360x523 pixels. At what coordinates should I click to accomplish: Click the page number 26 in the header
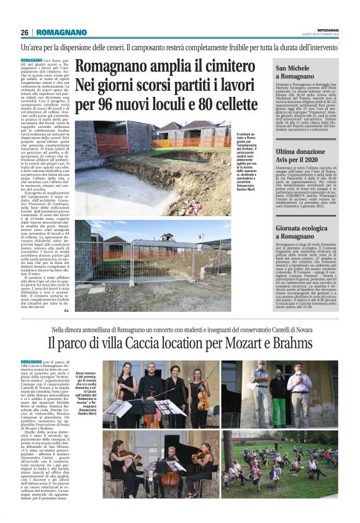click(24, 32)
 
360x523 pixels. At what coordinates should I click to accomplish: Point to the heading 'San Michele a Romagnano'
click(298, 71)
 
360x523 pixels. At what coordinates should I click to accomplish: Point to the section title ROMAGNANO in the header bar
click(59, 32)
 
